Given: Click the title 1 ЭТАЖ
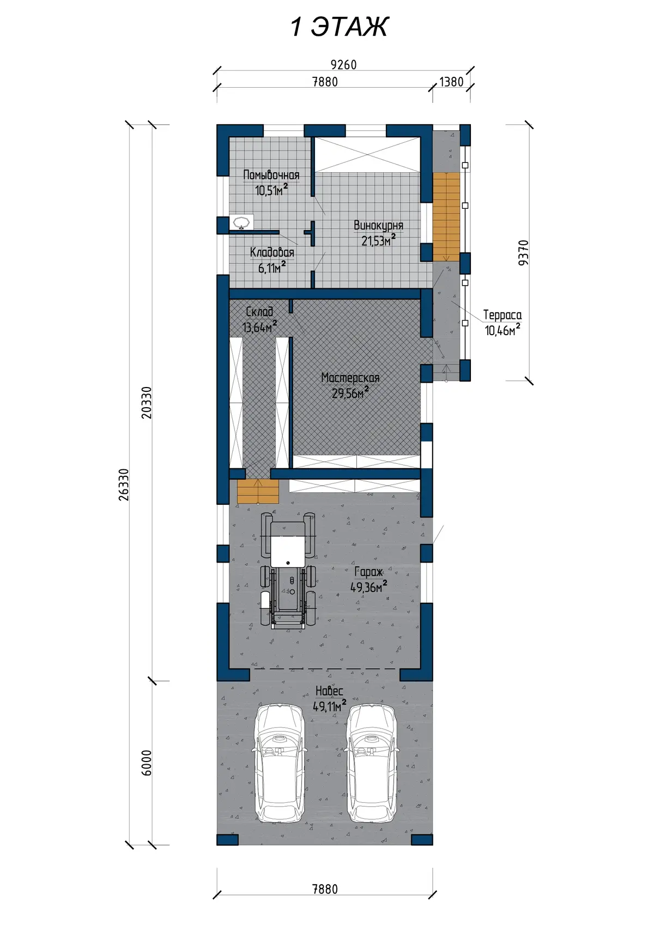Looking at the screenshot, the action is (x=340, y=27).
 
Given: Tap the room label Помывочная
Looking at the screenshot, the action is (x=271, y=175).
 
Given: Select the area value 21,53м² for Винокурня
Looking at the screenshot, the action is (x=378, y=240).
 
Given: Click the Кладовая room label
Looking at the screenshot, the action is (x=272, y=252).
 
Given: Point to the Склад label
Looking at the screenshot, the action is (x=259, y=311).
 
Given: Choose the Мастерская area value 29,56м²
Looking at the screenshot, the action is (x=350, y=392).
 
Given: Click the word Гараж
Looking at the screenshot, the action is (x=369, y=572).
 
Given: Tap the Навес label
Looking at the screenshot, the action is (x=329, y=691).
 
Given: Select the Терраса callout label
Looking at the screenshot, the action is (x=502, y=315).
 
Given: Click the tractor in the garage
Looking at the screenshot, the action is (x=288, y=570).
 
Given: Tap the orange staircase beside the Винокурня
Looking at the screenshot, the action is (x=446, y=217).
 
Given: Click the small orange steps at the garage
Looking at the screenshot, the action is (x=258, y=491).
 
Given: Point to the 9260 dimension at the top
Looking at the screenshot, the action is (x=343, y=65).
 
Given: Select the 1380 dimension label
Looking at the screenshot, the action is (x=451, y=82).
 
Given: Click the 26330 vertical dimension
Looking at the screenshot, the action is (x=124, y=485).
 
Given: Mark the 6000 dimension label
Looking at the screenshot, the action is (x=147, y=763).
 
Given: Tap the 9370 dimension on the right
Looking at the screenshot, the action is (x=523, y=253).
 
